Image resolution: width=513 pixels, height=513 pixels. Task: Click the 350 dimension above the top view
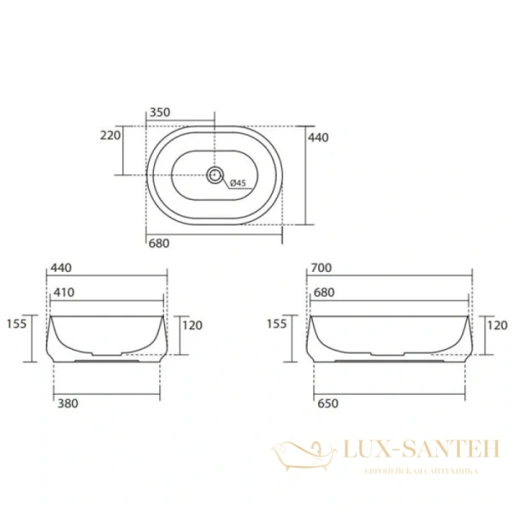(159, 111)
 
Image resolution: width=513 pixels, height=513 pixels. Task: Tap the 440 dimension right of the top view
(319, 137)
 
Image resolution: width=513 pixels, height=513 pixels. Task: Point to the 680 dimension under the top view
(159, 243)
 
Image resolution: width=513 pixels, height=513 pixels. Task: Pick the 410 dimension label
(64, 292)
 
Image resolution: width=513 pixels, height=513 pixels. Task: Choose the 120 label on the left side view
(192, 325)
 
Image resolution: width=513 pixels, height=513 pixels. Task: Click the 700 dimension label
(321, 268)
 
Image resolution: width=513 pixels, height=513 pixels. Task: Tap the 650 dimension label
(325, 403)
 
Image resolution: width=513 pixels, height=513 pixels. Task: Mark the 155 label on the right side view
(277, 324)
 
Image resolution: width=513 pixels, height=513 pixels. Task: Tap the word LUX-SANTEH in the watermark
(408, 451)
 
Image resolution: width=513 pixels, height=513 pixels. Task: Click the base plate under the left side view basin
(107, 360)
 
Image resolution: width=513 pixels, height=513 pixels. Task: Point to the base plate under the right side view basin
(389, 360)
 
